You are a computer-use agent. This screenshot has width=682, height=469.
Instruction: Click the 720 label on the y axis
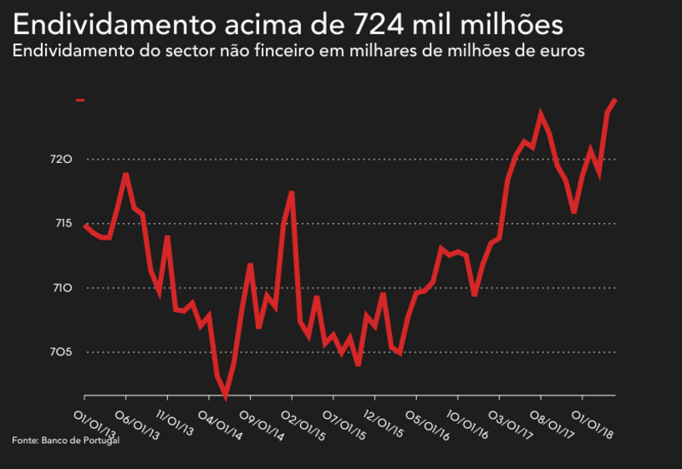[x=64, y=160]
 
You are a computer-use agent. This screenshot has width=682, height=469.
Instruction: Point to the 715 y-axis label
[x=64, y=223]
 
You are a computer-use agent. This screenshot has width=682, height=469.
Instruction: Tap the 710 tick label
[x=64, y=288]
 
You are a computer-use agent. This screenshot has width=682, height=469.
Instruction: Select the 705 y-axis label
[x=64, y=352]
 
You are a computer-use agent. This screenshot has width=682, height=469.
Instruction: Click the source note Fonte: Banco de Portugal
[x=66, y=440]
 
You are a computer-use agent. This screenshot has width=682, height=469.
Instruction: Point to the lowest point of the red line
[x=226, y=395]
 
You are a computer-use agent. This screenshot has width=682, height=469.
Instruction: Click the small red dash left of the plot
[x=80, y=100]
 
